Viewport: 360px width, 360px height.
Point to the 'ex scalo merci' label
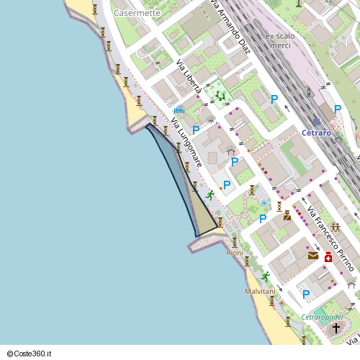pyautogui.click(x=278, y=41)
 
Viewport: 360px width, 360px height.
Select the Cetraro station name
pyautogui.click(x=316, y=133)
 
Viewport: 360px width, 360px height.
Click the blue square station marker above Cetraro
pyautogui.click(x=316, y=122)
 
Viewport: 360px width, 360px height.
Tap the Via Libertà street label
pyautogui.click(x=188, y=76)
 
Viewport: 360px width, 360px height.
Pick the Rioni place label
pyautogui.click(x=235, y=253)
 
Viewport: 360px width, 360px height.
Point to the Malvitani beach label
pyautogui.click(x=260, y=291)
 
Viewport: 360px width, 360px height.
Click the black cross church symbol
pyautogui.click(x=336, y=328)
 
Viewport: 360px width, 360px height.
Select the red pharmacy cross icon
pyautogui.click(x=328, y=258)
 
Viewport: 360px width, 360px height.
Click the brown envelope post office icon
pyautogui.click(x=312, y=255)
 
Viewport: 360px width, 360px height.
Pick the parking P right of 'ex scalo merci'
pyautogui.click(x=274, y=99)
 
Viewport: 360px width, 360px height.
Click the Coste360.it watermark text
pyautogui.click(x=29, y=354)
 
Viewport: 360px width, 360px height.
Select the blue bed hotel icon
pyautogui.click(x=179, y=110)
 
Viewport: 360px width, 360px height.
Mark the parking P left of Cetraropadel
pyautogui.click(x=306, y=294)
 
